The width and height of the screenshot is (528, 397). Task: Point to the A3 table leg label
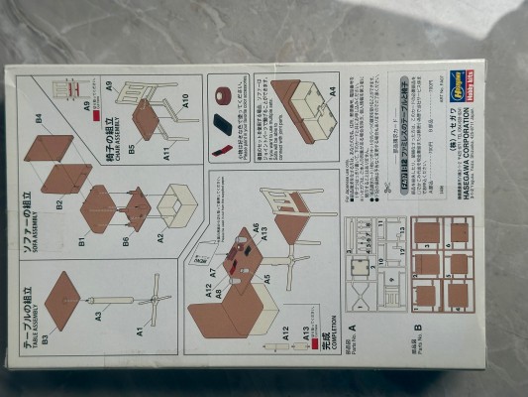tap(99, 317)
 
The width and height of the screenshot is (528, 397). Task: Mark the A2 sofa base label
tap(160, 239)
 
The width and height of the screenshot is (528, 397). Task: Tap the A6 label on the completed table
tap(255, 228)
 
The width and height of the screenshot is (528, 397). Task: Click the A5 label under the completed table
tap(266, 279)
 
